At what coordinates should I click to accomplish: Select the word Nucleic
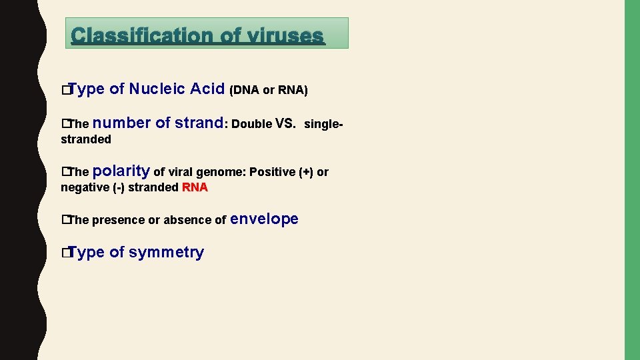tap(157, 89)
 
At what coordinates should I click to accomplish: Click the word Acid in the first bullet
tap(207, 89)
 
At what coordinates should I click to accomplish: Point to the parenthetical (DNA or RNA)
tap(268, 90)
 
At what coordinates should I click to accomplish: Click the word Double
tap(252, 124)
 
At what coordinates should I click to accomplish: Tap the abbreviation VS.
tap(285, 123)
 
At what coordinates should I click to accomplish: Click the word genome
tap(220, 172)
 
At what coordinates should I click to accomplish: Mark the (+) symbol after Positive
tap(306, 172)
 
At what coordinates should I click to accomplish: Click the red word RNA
tap(195, 187)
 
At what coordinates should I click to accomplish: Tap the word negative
tap(83, 187)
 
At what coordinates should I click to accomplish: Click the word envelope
tap(265, 219)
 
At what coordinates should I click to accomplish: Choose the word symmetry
tap(166, 252)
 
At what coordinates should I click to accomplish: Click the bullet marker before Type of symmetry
tap(65, 253)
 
